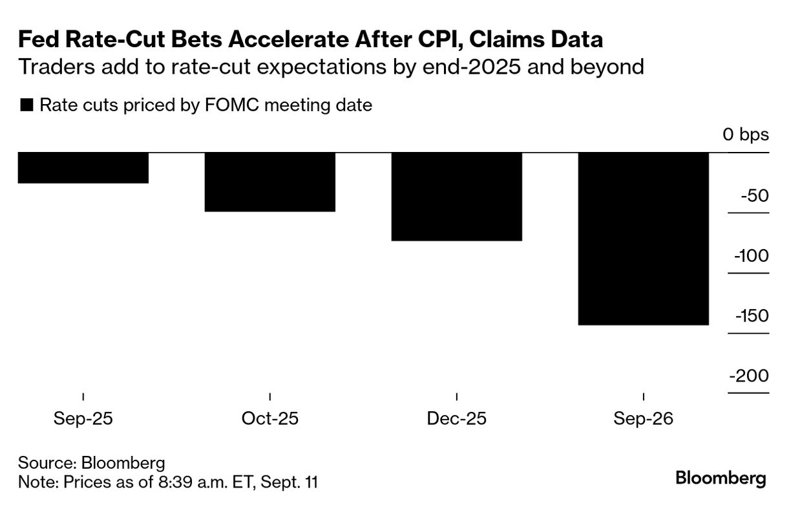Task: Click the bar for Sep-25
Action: [83, 168]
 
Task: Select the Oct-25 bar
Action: [269, 182]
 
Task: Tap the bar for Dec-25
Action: [457, 197]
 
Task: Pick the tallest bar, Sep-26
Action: [644, 239]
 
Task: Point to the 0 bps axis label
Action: [746, 135]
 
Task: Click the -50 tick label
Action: [755, 195]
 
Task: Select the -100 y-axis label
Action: [752, 255]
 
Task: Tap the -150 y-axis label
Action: [752, 316]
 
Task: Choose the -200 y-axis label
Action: [749, 376]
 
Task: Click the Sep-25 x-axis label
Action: [83, 418]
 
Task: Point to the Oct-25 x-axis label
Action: [269, 418]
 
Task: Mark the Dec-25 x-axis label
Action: [457, 418]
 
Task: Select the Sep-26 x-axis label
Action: [644, 418]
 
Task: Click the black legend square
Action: [26, 105]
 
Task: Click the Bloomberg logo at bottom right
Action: [721, 479]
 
